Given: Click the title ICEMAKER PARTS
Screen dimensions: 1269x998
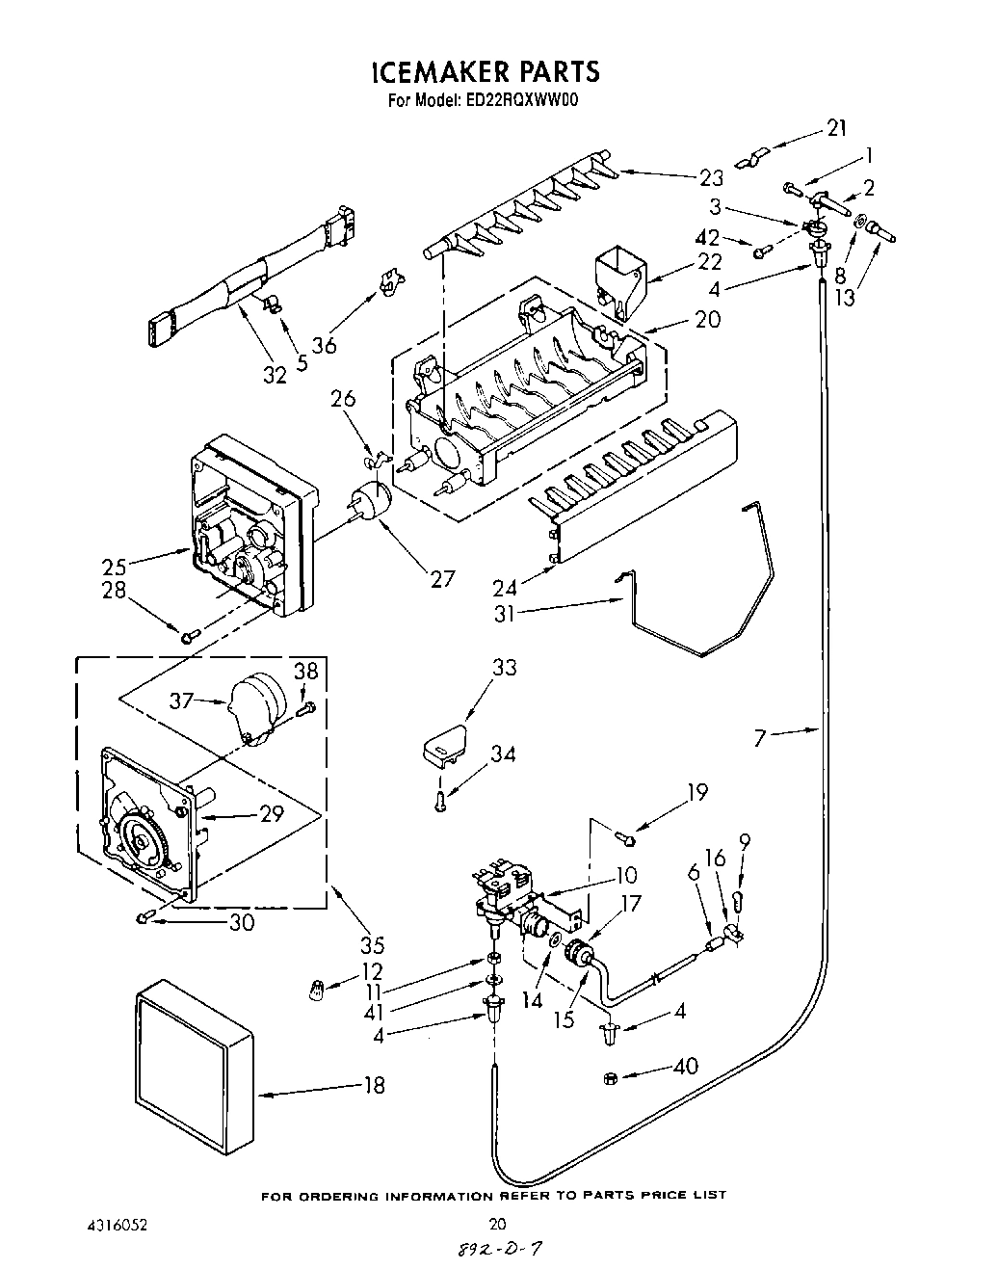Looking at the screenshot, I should coord(485,71).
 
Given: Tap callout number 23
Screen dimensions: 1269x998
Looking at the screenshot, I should coord(710,177).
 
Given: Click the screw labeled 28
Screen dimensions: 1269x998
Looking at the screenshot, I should coord(190,634).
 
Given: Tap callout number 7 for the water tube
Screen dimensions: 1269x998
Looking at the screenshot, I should coord(761,738).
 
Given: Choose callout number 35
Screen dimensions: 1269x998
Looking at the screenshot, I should coord(346,945).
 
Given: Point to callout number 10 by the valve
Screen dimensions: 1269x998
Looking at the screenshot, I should coord(626,875).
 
